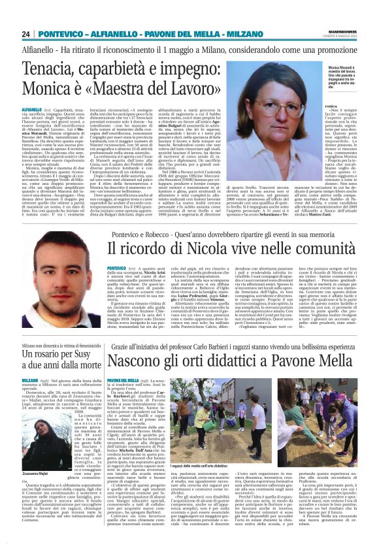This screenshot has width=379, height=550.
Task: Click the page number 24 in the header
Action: point(27,34)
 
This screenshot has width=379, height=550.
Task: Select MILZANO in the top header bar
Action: point(248,34)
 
